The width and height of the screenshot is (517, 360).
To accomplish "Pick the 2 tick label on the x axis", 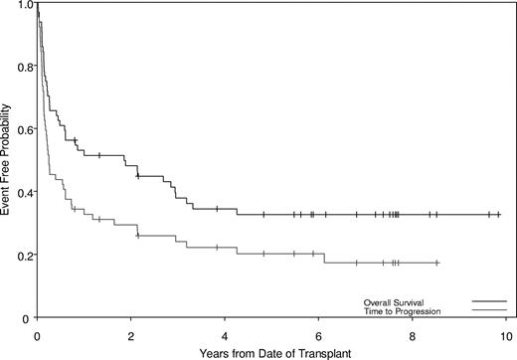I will tap(131, 331).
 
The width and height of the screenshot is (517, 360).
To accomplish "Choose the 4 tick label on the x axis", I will tap(225, 331).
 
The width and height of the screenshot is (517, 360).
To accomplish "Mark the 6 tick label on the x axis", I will tap(318, 331).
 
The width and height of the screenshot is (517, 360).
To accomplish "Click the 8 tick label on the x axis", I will tap(413, 331).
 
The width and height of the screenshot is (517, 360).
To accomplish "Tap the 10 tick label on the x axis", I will tap(505, 331).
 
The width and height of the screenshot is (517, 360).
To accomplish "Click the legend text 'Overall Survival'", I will tap(396, 301).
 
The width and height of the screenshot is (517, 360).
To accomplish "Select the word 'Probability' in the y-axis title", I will tap(8, 131).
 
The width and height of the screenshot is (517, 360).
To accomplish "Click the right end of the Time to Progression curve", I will tap(438, 263).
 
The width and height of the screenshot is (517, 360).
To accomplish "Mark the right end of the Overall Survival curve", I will tap(500, 214).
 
